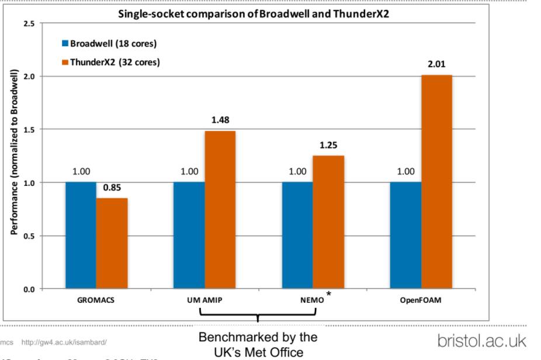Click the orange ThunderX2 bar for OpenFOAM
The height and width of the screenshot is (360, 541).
tap(436, 182)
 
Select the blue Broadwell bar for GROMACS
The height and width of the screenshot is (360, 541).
tap(81, 235)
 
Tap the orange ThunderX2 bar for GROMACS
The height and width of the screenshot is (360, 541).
tap(112, 243)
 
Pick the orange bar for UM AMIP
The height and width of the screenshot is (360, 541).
tap(220, 210)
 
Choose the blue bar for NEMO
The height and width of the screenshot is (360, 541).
tap(297, 235)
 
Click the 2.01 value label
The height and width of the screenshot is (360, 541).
tap(436, 64)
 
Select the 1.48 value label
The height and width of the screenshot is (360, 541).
tap(220, 120)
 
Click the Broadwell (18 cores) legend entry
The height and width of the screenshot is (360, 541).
tap(110, 44)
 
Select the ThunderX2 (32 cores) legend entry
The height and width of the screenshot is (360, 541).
tap(111, 62)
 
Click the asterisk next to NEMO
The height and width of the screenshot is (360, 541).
tap(329, 295)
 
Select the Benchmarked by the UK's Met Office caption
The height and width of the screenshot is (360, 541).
tap(258, 345)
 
